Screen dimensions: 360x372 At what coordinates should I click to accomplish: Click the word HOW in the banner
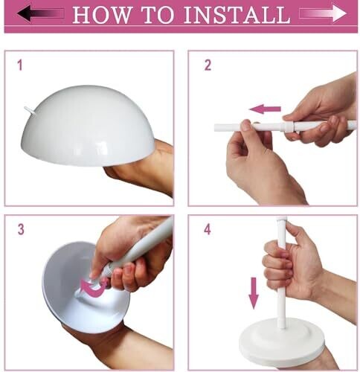pos(101,15)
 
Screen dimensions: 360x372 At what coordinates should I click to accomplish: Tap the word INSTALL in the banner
pos(237,15)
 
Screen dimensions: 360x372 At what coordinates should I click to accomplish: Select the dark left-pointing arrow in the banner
pos(40,13)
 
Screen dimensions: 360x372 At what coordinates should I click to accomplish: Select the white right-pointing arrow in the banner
pos(323,13)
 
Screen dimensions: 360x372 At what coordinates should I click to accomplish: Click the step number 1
pos(20,65)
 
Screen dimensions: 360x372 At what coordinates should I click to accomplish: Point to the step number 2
pos(208,65)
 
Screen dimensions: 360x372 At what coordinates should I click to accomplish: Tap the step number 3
pos(21,229)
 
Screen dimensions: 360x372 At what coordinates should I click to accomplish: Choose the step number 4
pos(208,229)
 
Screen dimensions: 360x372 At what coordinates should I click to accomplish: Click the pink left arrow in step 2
pos(265,109)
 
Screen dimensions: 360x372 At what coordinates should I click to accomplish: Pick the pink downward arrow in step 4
pos(254,293)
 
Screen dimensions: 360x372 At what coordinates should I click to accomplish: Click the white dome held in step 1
pos(87,125)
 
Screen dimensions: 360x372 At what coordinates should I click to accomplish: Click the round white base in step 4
pos(281,342)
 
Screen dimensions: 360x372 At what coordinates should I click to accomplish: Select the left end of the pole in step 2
pos(215,128)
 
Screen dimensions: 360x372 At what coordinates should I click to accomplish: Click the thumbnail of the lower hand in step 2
pos(246,126)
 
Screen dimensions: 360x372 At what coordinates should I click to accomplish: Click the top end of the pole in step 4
pos(281,217)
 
